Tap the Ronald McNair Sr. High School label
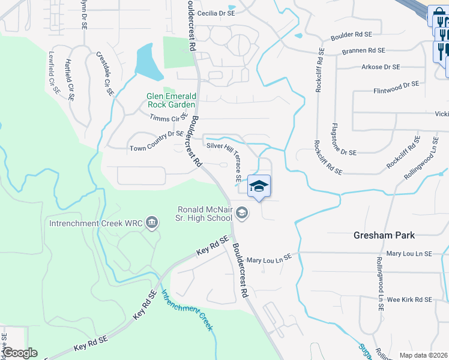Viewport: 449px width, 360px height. [205, 214]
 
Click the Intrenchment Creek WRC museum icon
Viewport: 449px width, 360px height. [152, 224]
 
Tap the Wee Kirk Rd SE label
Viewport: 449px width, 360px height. [409, 299]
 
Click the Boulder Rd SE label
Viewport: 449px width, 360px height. [347, 35]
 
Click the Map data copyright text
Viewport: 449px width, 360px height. [423, 355]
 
